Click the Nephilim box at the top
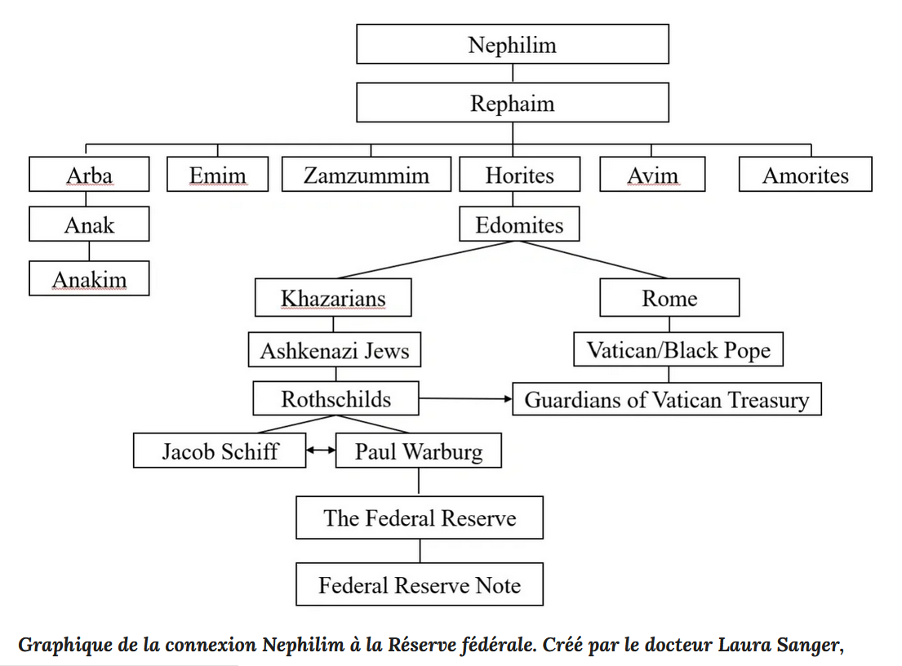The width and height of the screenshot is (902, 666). (513, 44)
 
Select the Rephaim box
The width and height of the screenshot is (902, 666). (513, 102)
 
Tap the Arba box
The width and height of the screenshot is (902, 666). (89, 174)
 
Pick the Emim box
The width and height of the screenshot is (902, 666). (217, 174)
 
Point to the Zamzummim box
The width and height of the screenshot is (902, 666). (367, 174)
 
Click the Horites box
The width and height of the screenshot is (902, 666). (519, 174)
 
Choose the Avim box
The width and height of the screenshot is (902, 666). (652, 174)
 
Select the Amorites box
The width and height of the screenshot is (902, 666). (806, 174)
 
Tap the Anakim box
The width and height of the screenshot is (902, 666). (89, 278)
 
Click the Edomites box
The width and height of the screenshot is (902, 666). (519, 224)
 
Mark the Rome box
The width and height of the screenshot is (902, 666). (669, 297)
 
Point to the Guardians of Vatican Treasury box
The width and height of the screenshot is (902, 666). (667, 398)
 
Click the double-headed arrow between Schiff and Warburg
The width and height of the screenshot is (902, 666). (321, 450)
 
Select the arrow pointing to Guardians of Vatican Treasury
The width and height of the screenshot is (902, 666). (465, 398)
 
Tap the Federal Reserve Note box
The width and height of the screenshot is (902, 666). (420, 584)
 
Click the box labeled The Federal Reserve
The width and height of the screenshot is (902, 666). (420, 517)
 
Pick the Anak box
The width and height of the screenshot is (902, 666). (89, 224)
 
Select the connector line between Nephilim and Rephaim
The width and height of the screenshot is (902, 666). (513, 73)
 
